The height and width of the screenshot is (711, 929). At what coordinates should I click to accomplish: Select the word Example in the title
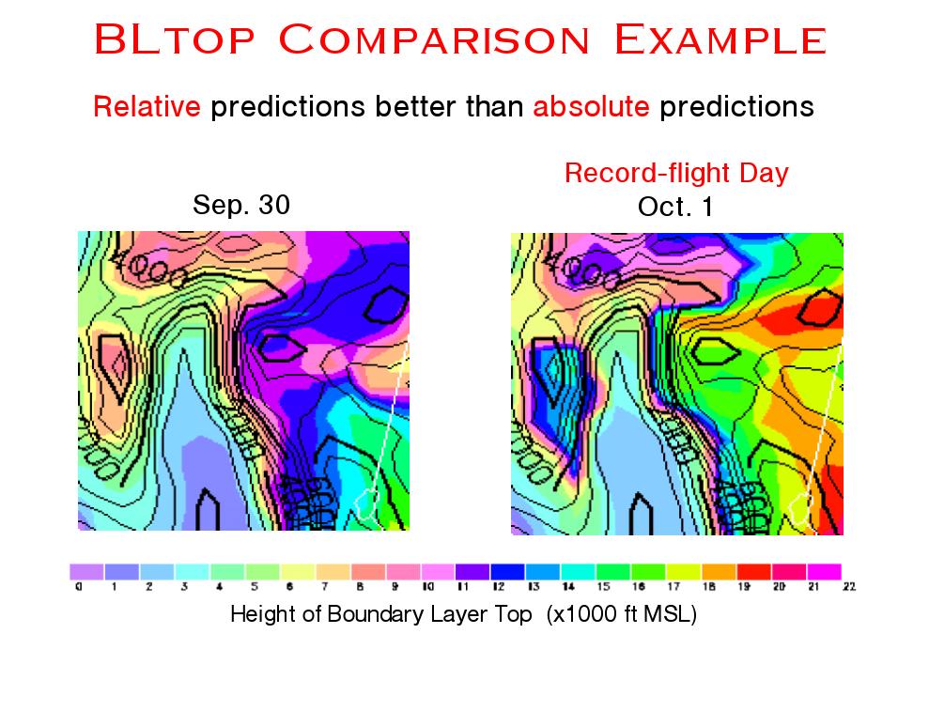click(720, 40)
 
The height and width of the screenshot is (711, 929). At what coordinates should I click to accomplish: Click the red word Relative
click(147, 107)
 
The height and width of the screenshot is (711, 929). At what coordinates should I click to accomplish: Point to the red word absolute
click(591, 107)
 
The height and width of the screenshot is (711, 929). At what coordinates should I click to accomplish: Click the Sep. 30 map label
click(241, 205)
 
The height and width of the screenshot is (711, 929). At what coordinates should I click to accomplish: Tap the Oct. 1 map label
click(675, 207)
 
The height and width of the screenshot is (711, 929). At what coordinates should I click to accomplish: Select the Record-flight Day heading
click(676, 173)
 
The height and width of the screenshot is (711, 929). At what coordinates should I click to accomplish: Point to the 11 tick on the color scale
click(462, 587)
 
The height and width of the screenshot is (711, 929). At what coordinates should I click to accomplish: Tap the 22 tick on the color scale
click(850, 587)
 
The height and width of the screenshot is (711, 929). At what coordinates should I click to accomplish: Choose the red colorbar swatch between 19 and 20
click(753, 570)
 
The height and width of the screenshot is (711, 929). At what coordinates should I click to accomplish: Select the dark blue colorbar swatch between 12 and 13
click(507, 570)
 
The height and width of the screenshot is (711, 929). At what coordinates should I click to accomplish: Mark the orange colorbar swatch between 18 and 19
click(719, 570)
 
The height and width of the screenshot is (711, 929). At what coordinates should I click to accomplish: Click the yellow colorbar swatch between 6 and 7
click(297, 570)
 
